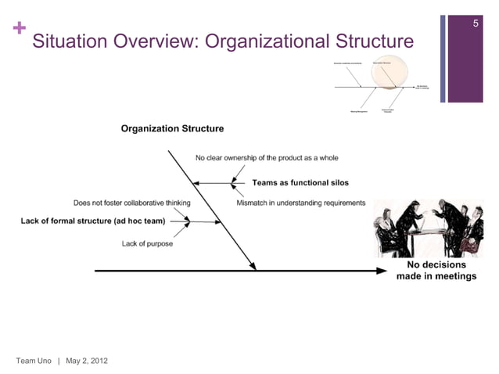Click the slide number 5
pos(476,25)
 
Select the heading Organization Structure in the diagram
pos(172,129)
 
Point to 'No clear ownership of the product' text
pos(267,158)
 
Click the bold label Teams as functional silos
pos(300,183)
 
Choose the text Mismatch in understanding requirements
pos(301,203)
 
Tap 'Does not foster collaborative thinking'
pos(131,203)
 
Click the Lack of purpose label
pos(147,244)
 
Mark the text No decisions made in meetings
pos(436,271)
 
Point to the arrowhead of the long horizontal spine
pos(384,271)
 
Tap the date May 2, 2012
pos(88,360)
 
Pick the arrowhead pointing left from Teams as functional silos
pos(197,183)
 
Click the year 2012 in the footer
pos(99,360)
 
